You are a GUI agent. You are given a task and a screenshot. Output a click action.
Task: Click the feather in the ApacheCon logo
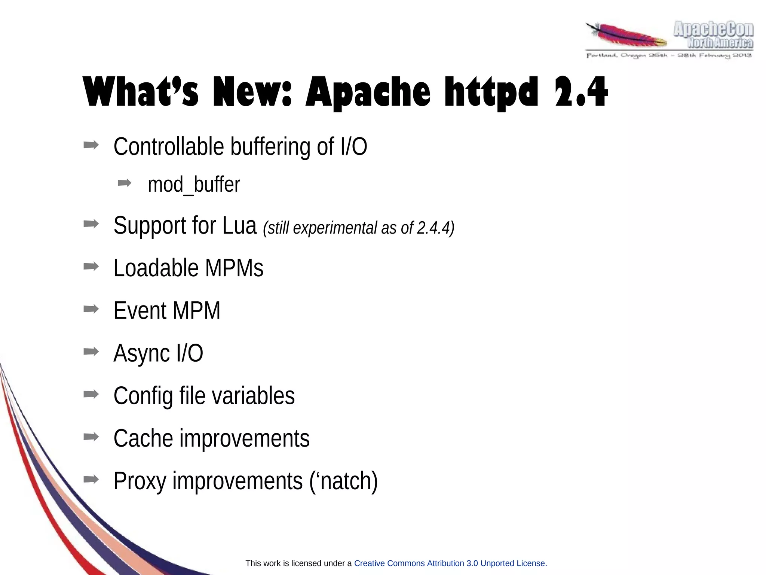626,35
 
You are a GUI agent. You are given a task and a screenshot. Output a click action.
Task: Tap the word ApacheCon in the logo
713,30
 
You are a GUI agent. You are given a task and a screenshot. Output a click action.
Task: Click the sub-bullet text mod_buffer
194,184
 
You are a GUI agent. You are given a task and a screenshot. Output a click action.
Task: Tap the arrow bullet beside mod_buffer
125,183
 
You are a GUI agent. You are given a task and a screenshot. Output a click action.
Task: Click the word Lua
239,225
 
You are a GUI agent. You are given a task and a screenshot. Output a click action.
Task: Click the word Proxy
140,481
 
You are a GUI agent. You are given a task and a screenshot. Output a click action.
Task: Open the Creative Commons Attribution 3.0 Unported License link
450,563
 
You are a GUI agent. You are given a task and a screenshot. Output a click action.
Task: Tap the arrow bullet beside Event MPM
91,309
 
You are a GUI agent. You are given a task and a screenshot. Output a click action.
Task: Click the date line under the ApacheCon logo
669,56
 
